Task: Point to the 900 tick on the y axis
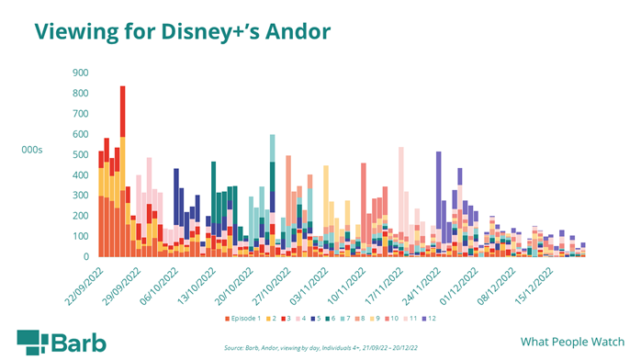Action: [80, 72]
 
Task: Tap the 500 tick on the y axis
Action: [80, 154]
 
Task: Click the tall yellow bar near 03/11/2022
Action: [326, 197]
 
